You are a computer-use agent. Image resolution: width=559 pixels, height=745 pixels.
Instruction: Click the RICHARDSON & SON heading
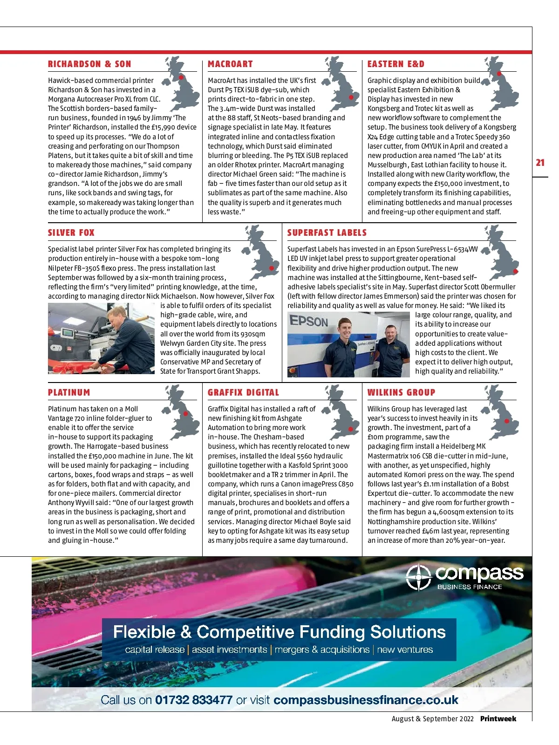[x=89, y=64]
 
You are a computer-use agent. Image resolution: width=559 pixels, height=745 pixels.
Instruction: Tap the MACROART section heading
[x=230, y=64]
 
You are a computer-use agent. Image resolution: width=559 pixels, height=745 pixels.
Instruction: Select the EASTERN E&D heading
[x=395, y=64]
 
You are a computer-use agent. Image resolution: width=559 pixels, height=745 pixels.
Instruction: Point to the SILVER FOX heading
[x=71, y=233]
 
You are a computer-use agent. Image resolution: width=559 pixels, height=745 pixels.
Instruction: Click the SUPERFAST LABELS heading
[x=327, y=233]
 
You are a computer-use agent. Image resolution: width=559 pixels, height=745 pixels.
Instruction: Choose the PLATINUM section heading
[x=69, y=393]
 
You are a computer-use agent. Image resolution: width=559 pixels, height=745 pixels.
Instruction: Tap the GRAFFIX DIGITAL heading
[x=243, y=393]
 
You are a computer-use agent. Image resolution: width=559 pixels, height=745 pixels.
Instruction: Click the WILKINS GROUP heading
[x=401, y=393]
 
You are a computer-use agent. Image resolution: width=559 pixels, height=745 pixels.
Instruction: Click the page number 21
[x=540, y=163]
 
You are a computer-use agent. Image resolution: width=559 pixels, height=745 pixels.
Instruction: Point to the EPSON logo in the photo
[x=309, y=321]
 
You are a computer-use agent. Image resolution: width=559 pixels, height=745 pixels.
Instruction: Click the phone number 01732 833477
[x=194, y=700]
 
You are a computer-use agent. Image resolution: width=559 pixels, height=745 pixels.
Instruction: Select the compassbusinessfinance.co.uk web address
[x=366, y=700]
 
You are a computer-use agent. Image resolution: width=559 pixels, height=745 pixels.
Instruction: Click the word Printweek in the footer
[x=498, y=719]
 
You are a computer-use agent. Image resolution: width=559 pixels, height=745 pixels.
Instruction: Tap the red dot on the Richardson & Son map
[x=181, y=77]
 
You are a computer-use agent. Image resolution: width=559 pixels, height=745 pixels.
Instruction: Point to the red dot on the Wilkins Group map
[x=505, y=421]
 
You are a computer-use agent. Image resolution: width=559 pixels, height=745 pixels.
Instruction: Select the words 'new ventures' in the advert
[x=405, y=649]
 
